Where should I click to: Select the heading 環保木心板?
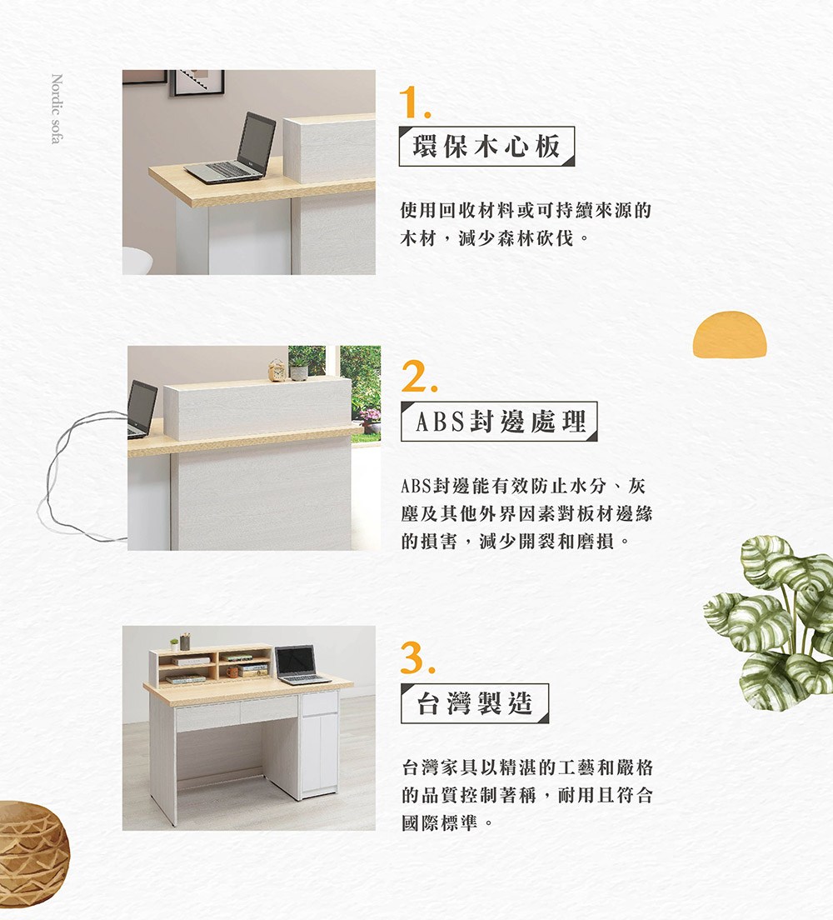point(486,147)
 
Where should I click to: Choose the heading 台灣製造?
point(474,704)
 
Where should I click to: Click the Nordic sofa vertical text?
point(56,109)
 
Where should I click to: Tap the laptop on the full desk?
point(299,665)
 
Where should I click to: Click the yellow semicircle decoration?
point(729,335)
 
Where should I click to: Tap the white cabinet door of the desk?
point(318,750)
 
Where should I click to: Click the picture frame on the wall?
point(197,82)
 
